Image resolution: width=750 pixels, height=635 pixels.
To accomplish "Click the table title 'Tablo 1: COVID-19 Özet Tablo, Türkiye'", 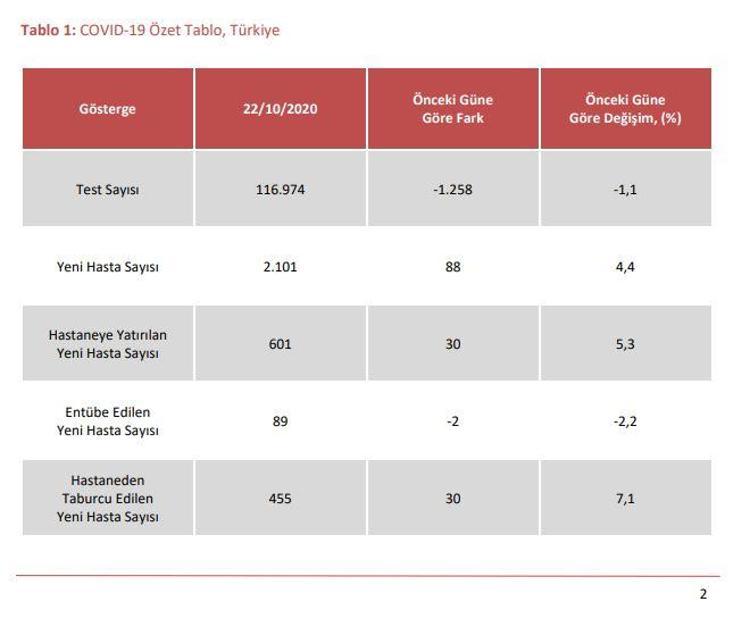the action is (150, 30).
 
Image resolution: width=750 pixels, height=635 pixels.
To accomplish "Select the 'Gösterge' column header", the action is (108, 109).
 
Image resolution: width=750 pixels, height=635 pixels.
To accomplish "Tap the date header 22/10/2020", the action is (280, 109).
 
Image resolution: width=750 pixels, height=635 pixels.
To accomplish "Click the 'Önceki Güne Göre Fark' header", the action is (453, 109).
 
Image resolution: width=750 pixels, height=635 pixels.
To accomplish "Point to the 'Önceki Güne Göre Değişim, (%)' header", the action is (625, 109).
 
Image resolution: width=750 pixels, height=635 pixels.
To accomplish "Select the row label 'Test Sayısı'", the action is (108, 190).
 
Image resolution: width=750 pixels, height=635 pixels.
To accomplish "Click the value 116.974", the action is (280, 190).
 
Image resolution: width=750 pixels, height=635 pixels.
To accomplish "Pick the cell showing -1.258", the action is (453, 190).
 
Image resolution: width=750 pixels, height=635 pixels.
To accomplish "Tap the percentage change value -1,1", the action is (625, 190).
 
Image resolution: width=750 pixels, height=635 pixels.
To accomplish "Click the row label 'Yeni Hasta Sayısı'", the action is (108, 267).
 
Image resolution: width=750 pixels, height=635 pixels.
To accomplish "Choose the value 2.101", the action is (280, 267).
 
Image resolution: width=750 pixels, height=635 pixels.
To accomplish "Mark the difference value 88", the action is (453, 267).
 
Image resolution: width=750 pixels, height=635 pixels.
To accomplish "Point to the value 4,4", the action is (625, 267).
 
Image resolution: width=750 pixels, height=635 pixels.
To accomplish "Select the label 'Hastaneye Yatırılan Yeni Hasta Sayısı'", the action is (108, 344).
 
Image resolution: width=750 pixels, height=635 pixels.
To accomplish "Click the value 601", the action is (280, 344).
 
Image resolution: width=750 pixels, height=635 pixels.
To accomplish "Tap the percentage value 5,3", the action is (625, 344).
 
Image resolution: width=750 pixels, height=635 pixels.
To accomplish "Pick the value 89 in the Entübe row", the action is (280, 422).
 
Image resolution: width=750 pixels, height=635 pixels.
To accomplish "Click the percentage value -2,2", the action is (625, 422).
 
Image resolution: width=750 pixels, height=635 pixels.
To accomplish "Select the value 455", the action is (280, 499).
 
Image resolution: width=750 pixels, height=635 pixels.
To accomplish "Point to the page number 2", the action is (703, 594).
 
